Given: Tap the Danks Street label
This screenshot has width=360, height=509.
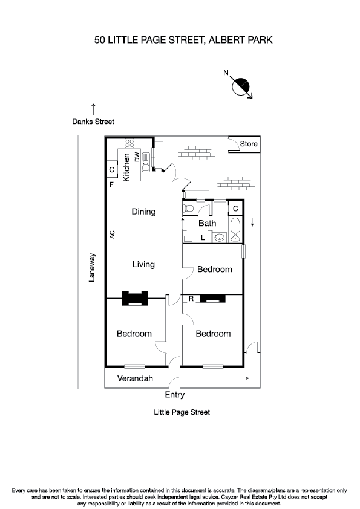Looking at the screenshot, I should (x=93, y=122).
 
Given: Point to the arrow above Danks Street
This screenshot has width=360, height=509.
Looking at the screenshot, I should (x=93, y=109).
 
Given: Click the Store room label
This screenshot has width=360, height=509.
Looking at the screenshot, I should (x=249, y=144).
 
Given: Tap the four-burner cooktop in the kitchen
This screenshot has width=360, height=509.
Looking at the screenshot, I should (x=129, y=144).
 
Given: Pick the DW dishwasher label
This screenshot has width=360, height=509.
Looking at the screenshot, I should (x=137, y=157).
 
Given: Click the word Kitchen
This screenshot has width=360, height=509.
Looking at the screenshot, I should (x=126, y=167).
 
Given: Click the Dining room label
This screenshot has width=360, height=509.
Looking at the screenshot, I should (x=144, y=212).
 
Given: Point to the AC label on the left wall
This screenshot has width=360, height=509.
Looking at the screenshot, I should (x=113, y=234).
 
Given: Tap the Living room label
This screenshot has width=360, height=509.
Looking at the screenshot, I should (x=144, y=264).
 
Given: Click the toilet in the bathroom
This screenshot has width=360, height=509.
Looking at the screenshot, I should (x=189, y=209).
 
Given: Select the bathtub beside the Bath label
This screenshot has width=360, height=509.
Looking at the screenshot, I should (x=235, y=232).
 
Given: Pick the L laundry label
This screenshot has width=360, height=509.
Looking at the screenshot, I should (x=203, y=238).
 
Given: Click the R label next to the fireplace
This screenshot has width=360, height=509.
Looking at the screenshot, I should (x=191, y=299).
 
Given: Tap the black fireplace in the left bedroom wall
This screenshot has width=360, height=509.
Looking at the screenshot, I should (x=135, y=298).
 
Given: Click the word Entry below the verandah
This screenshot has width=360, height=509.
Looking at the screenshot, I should (x=175, y=395).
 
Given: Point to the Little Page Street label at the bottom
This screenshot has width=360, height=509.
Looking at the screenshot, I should (x=182, y=412).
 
